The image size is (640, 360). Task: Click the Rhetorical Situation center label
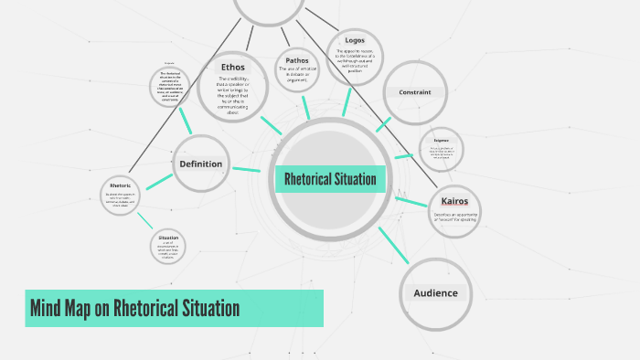click(330, 179)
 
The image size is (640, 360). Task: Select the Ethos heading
click(233, 68)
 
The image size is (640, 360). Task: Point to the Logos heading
click(354, 40)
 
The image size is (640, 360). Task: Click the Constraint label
click(414, 92)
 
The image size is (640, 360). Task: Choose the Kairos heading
click(454, 201)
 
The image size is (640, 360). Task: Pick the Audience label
click(435, 293)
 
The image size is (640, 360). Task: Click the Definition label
click(201, 164)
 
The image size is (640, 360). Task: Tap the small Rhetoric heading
click(121, 186)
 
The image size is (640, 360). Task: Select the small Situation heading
click(168, 238)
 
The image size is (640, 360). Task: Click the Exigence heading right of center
click(441, 140)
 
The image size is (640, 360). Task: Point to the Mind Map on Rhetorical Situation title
click(135, 308)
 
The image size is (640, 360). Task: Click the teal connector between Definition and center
click(246, 169)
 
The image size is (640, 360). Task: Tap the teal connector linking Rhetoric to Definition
click(159, 180)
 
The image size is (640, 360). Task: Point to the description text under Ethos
click(233, 96)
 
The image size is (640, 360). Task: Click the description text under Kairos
click(454, 217)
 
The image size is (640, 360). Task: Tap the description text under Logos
click(354, 61)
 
